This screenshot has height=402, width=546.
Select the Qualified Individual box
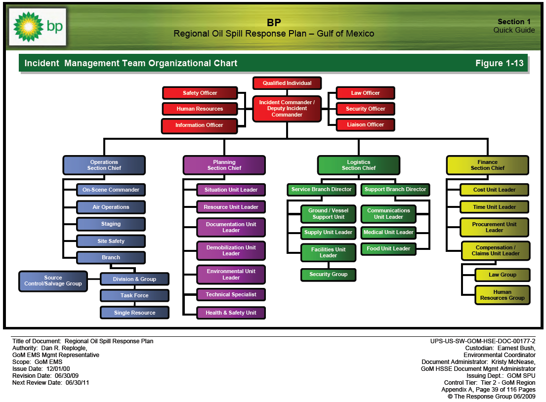coord(287,83)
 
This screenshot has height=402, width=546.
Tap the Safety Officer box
coord(200,93)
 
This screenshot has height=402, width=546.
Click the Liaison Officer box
coord(366,124)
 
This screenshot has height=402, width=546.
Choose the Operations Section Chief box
coord(104,165)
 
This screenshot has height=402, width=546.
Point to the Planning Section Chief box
coord(224,165)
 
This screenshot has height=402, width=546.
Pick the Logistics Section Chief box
coord(358,165)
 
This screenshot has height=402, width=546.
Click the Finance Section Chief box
coord(487,165)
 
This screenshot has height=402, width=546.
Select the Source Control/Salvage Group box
coord(53,281)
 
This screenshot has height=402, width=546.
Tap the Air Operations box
coord(111,207)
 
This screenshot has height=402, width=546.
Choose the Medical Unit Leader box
coord(388,232)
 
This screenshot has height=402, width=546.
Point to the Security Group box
coord(328,274)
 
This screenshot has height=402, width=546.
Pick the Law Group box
coord(502,275)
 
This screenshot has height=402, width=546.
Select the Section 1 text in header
coord(514,22)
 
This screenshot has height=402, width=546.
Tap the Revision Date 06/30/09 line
coord(45,375)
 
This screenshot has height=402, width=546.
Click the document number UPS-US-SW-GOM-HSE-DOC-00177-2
coord(483,341)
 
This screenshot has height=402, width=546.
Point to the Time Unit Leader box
coord(494,207)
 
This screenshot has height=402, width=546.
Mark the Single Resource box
coord(134,313)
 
